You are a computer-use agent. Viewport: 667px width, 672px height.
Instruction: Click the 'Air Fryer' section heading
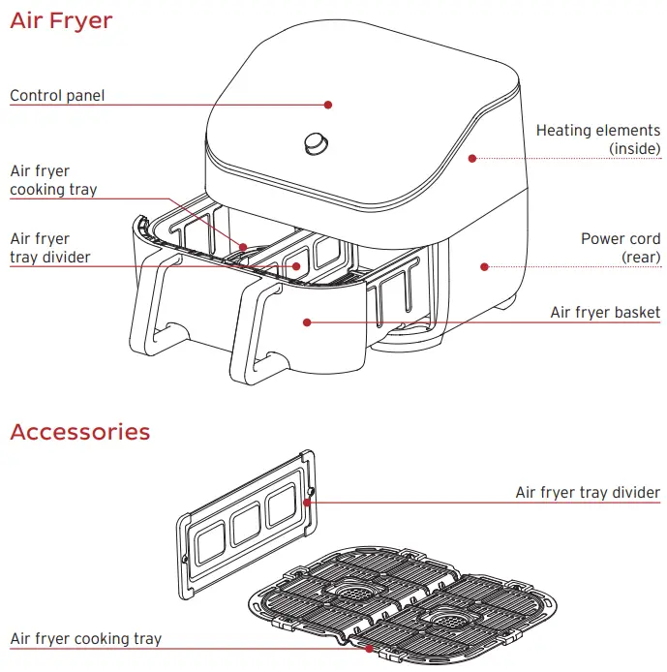point(61,20)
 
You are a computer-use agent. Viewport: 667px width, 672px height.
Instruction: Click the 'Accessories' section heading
point(80,432)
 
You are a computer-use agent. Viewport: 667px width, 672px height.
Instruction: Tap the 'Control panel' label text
point(57,96)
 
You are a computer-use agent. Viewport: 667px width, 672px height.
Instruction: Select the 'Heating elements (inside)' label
point(597,138)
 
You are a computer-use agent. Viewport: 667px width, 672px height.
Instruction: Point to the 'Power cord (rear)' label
point(620,247)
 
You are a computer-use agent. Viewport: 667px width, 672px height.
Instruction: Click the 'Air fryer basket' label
point(605,312)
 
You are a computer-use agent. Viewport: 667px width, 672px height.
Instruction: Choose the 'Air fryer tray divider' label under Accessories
point(587,493)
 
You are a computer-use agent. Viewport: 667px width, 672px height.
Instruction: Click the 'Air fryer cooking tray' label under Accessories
point(86,638)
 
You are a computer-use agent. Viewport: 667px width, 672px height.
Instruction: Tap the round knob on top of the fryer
point(315,142)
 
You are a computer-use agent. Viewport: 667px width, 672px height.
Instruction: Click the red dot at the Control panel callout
point(328,104)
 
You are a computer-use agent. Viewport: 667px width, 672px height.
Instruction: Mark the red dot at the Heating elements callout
point(472,158)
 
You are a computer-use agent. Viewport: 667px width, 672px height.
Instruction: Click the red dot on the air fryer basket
point(306,321)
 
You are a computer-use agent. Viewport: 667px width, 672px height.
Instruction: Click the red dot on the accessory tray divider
point(309,501)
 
